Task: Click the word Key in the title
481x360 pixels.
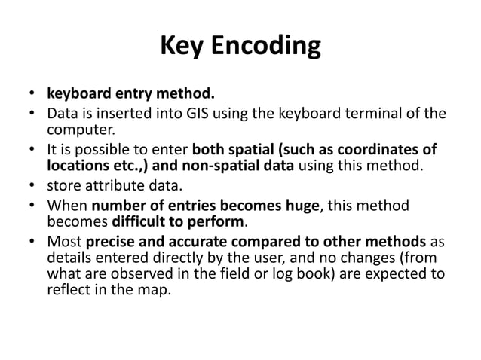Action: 182,47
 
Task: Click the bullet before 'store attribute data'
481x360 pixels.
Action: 32,185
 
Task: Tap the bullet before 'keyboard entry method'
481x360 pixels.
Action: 32,96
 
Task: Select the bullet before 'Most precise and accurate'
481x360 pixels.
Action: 32,243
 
